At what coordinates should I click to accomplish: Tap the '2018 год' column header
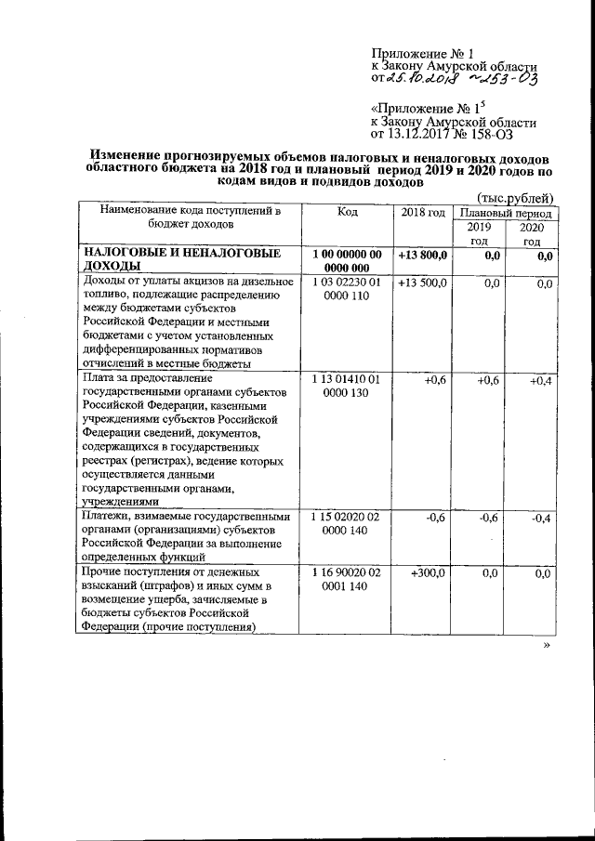point(423,213)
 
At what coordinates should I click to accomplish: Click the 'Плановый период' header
point(506,213)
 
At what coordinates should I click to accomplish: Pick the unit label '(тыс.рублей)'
point(515,197)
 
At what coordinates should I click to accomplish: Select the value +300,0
point(428,574)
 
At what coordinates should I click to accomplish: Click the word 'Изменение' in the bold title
point(129,159)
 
